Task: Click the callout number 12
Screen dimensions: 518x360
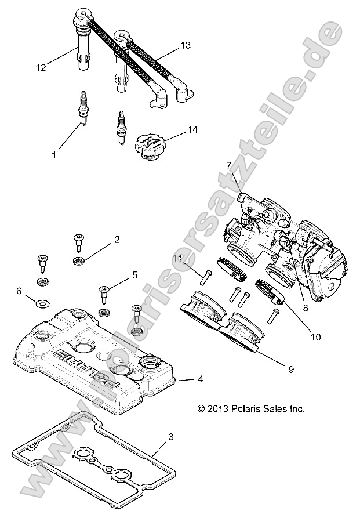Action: click(x=40, y=68)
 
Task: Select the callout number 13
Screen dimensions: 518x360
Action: click(x=185, y=45)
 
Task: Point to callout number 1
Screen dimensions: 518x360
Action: click(x=54, y=155)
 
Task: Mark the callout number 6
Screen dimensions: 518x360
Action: click(x=19, y=290)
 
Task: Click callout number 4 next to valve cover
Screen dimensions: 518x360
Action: click(x=184, y=379)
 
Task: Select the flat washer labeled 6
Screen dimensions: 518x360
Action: click(x=42, y=302)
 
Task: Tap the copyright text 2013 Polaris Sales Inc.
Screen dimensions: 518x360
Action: click(x=250, y=409)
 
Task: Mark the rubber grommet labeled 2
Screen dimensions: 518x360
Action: click(x=78, y=261)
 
